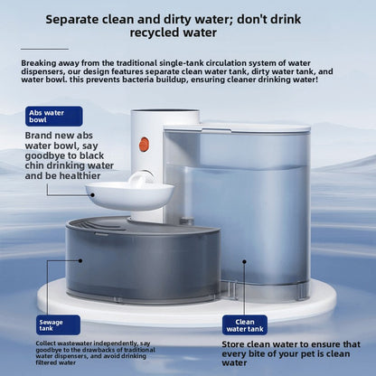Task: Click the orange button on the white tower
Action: pos(144,145)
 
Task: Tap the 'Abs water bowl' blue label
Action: pos(54,117)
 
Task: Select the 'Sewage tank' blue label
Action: pos(58,325)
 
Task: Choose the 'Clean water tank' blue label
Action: pos(245,325)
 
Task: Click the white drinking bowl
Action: pos(129,196)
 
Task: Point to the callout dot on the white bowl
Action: pos(92,195)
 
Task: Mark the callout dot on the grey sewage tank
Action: pos(80,261)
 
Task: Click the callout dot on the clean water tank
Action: pos(244,261)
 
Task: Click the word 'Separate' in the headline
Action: pos(72,20)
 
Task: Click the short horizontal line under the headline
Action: pos(44,49)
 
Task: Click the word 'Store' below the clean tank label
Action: pos(233,344)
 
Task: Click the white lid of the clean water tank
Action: pos(256,127)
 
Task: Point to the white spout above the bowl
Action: pos(141,180)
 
